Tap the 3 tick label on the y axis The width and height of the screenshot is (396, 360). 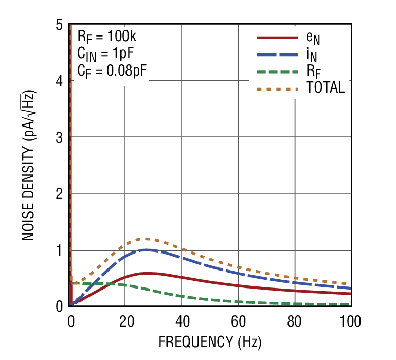(59, 137)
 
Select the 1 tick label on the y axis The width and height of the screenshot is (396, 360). (59, 250)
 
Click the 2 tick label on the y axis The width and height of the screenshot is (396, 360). (59, 194)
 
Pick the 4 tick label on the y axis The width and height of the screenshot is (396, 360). (59, 81)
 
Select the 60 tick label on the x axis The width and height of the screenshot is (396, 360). (238, 322)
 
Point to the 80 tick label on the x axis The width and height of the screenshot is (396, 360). (295, 322)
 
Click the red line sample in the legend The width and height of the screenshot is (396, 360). (277, 38)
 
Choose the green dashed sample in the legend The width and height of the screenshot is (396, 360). (277, 71)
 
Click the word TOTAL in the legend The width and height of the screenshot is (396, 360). (325, 88)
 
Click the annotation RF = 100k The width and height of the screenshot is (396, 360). (106, 37)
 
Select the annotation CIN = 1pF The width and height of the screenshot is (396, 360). (108, 53)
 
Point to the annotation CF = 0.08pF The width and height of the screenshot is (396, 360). (112, 70)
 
